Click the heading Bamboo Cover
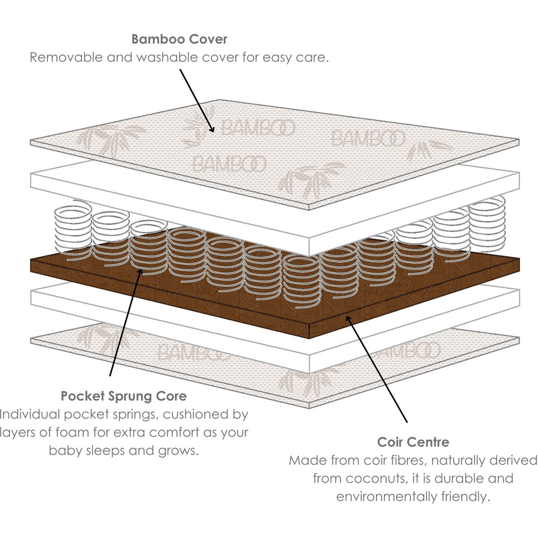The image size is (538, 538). pyautogui.click(x=179, y=40)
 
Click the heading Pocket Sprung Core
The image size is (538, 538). pyautogui.click(x=124, y=397)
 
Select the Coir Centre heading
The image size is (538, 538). pyautogui.click(x=413, y=443)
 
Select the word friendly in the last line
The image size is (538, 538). pyautogui.click(x=465, y=496)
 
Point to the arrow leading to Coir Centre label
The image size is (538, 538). pyautogui.click(x=377, y=369)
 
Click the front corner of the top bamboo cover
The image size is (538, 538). pyautogui.click(x=308, y=208)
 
